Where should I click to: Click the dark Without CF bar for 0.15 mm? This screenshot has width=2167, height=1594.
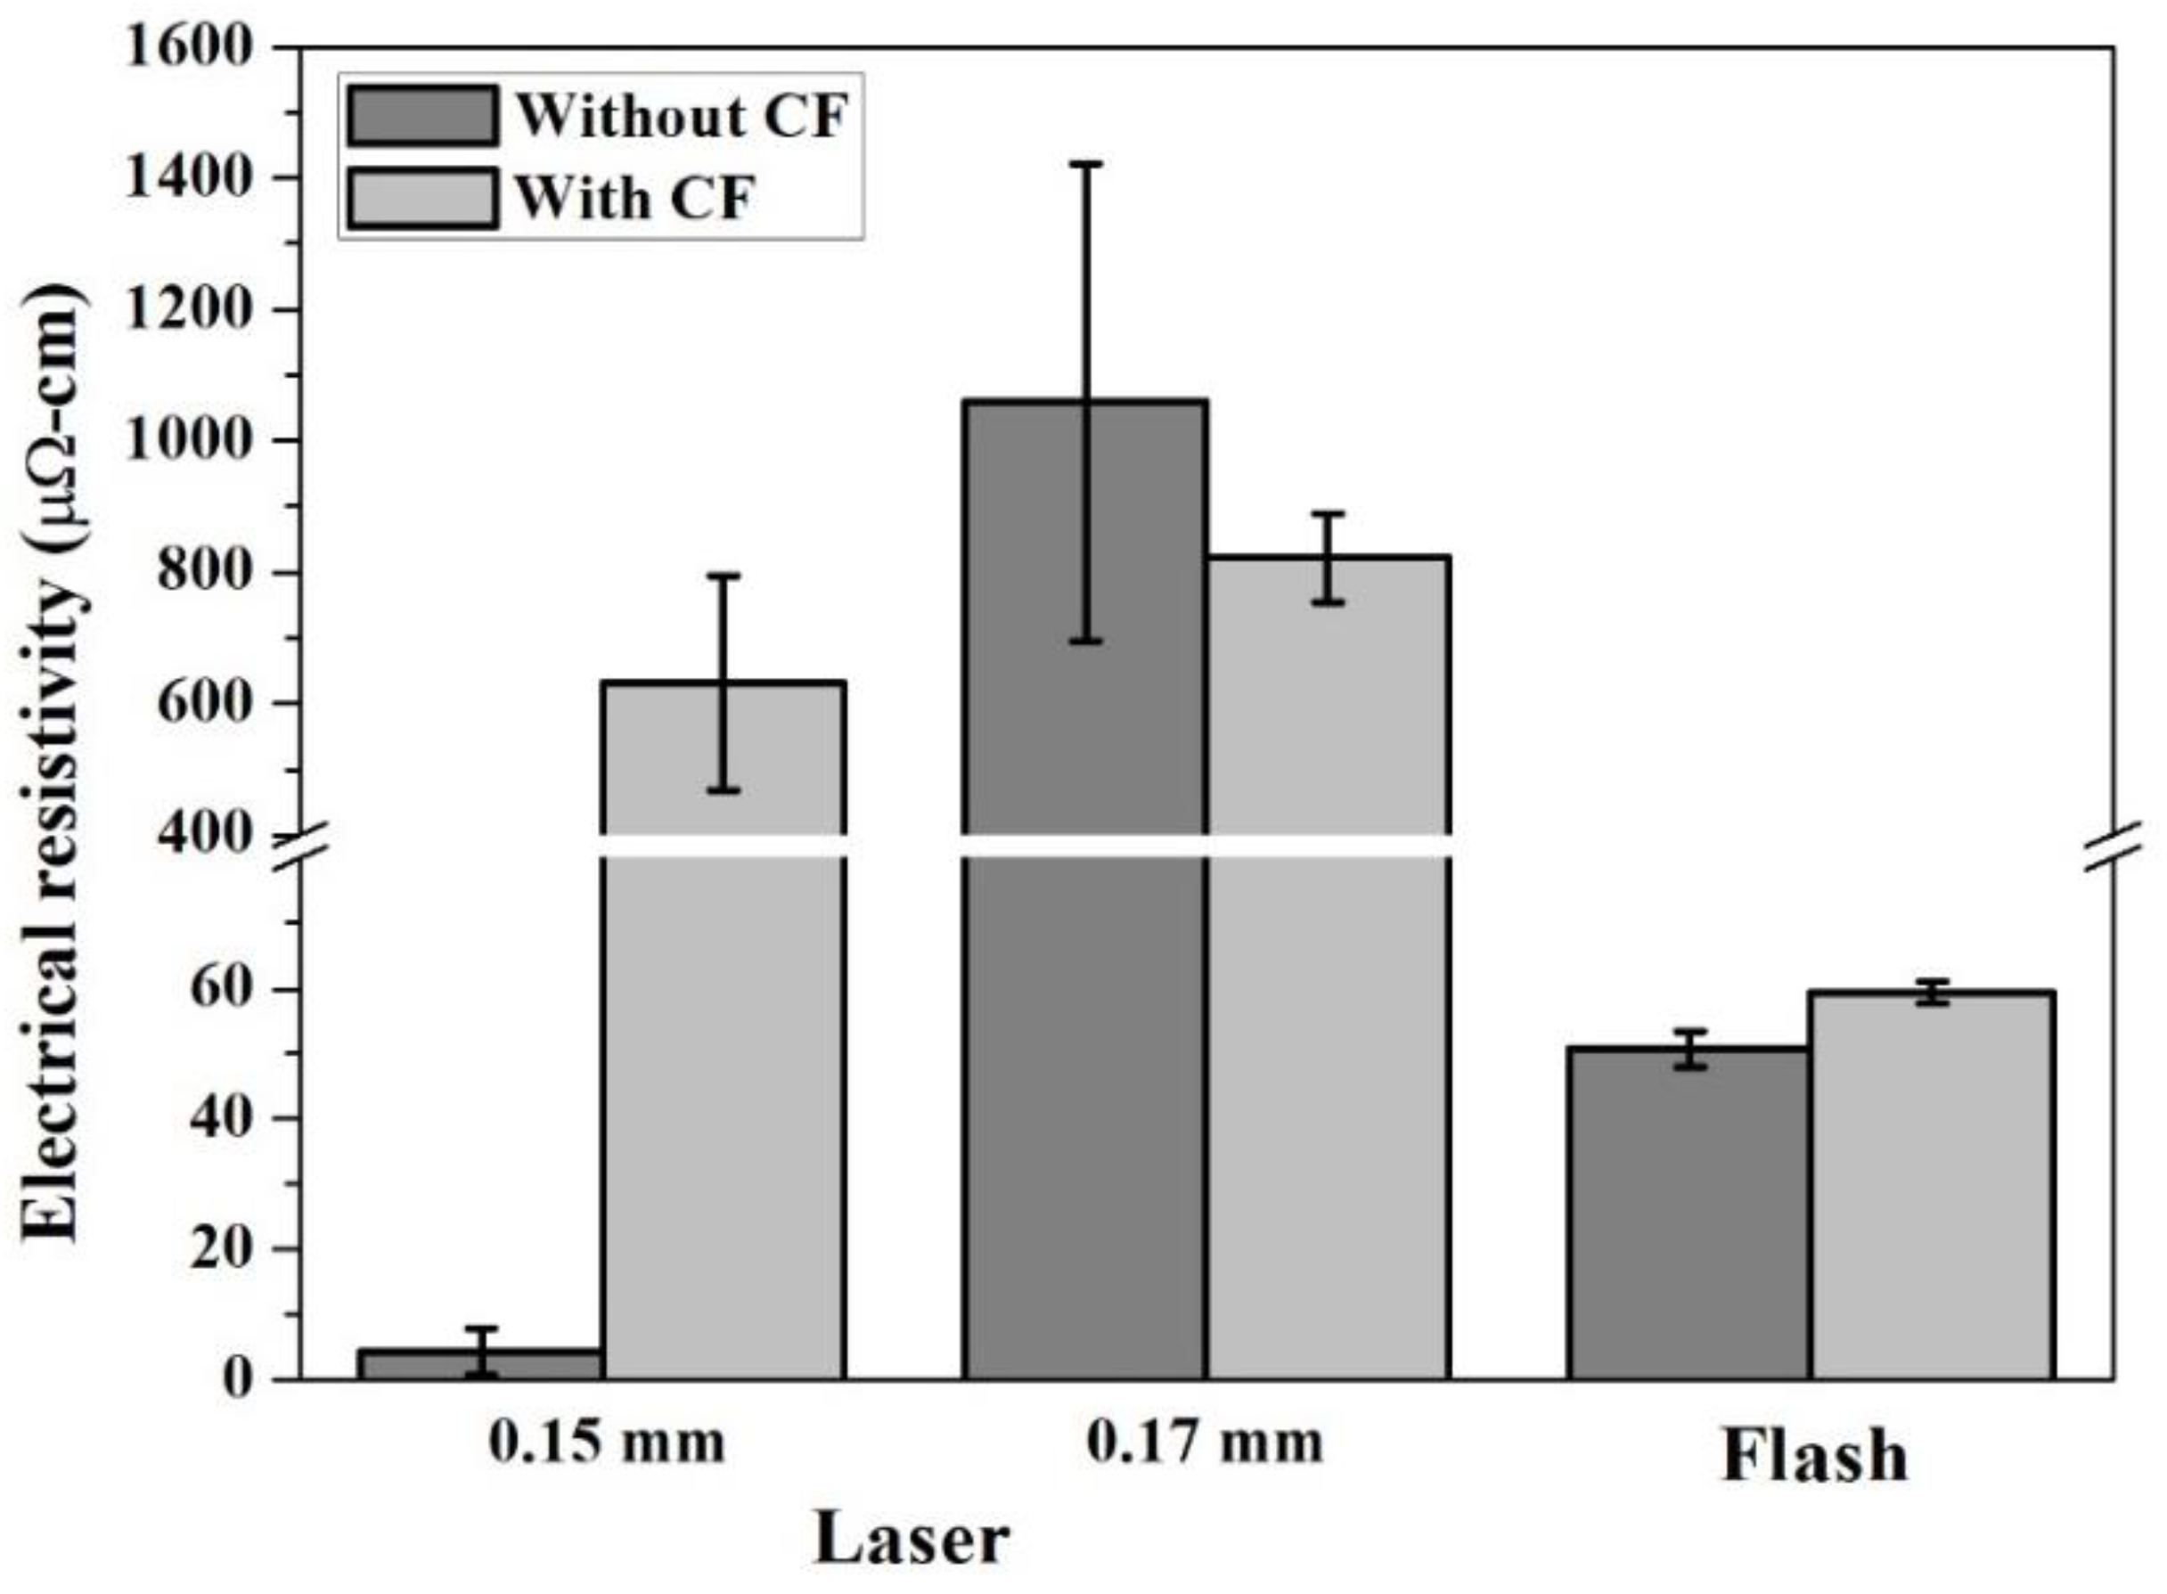480,1364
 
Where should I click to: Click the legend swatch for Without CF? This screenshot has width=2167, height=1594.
422,117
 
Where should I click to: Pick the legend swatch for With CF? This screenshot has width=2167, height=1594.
422,199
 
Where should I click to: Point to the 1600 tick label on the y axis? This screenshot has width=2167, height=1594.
189,47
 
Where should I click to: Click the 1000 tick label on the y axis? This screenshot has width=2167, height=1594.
189,441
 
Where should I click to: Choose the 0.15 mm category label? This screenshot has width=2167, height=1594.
606,1443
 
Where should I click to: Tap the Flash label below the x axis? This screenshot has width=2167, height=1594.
1815,1456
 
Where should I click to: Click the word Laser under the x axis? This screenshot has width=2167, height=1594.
912,1540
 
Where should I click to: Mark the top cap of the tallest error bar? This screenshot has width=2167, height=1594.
1086,165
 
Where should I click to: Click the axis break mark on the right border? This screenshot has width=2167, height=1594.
2113,846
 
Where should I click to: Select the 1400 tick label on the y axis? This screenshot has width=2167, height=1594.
189,178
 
